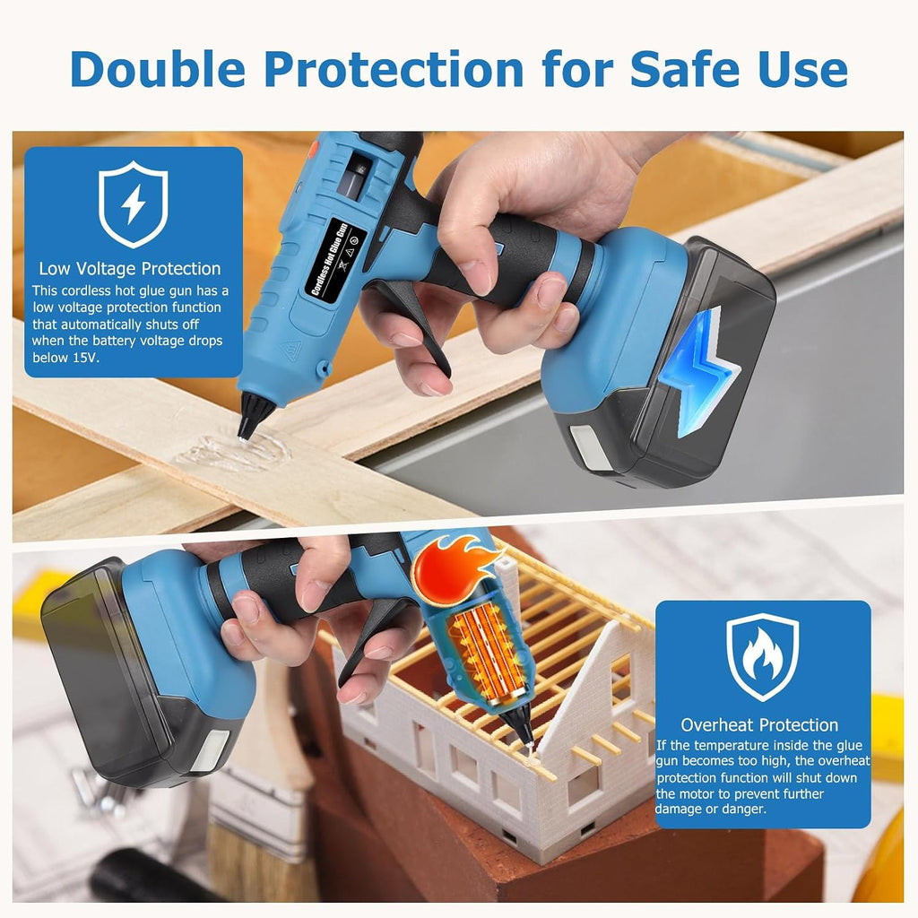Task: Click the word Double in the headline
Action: pyautogui.click(x=158, y=69)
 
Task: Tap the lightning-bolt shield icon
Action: pyautogui.click(x=134, y=204)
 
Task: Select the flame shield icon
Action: pyautogui.click(x=762, y=657)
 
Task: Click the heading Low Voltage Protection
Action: pyautogui.click(x=129, y=269)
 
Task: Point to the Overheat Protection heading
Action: pyautogui.click(x=759, y=724)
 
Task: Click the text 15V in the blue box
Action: pyautogui.click(x=84, y=358)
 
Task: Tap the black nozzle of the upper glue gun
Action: pyautogui.click(x=254, y=415)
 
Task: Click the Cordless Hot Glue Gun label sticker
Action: pyautogui.click(x=335, y=259)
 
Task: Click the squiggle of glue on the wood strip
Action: pyautogui.click(x=234, y=452)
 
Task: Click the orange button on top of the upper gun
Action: pyautogui.click(x=313, y=150)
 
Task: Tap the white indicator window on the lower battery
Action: pyautogui.click(x=212, y=750)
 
